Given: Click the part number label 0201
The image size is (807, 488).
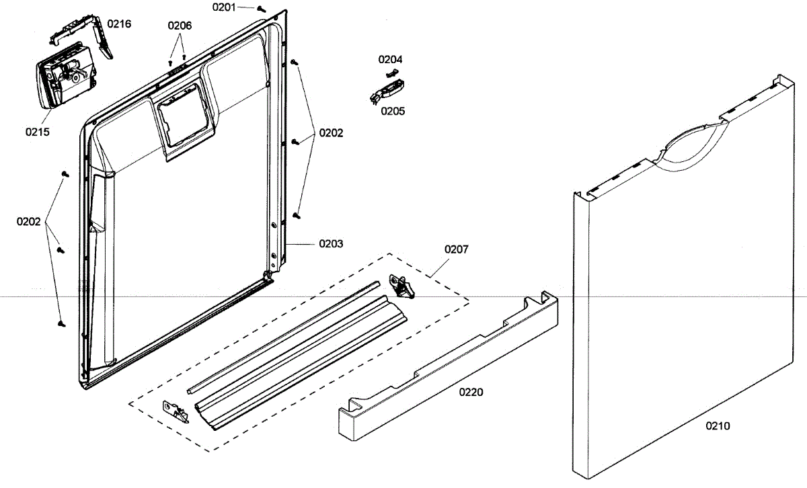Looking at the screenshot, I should click(224, 7).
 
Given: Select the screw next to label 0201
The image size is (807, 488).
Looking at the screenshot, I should click(262, 9).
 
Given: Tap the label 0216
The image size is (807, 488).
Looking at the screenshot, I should click(120, 24).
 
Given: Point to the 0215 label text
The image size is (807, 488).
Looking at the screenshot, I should click(38, 132).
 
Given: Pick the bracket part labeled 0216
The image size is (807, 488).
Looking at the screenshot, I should click(87, 34).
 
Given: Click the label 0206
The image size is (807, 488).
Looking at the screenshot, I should click(180, 26).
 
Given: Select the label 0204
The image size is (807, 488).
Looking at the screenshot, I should click(391, 60).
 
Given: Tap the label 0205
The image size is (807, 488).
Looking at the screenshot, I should click(393, 111).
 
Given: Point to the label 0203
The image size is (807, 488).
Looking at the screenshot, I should click(331, 243).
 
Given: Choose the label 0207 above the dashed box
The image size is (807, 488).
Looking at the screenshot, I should click(457, 249).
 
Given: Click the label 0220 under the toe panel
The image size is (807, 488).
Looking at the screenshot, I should click(471, 392).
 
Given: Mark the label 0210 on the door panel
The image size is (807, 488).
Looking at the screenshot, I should click(718, 425).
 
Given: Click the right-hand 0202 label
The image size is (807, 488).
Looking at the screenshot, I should click(331, 133).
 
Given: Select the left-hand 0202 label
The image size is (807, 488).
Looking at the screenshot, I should click(29, 221).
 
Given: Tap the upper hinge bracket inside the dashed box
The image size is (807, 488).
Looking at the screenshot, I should click(401, 286).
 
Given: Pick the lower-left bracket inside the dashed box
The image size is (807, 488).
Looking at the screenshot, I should click(176, 409).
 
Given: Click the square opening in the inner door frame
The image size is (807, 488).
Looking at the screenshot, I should click(182, 121).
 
